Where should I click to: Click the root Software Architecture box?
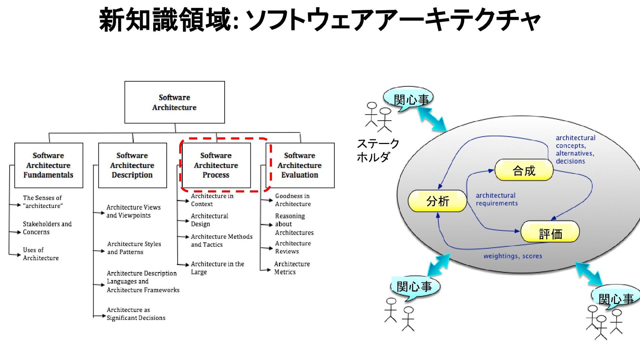(174, 102)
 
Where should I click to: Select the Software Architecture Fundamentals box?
(49, 165)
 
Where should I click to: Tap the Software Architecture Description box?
(132, 165)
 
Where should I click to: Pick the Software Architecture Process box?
(216, 165)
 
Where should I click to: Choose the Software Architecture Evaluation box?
(300, 165)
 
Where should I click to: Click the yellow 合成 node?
(524, 170)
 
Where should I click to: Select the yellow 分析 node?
(437, 201)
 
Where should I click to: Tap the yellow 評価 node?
(550, 232)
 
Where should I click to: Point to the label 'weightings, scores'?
(513, 256)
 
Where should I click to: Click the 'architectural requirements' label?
(496, 199)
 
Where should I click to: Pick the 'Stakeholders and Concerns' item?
(47, 228)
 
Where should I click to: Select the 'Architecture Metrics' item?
(292, 268)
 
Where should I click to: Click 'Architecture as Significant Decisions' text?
(136, 314)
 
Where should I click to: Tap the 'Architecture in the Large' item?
(217, 268)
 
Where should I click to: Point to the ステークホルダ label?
(377, 150)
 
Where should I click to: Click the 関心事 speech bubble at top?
(409, 99)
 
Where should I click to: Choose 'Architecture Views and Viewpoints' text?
(133, 211)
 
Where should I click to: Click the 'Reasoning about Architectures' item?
(294, 224)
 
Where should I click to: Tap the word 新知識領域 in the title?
(165, 20)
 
